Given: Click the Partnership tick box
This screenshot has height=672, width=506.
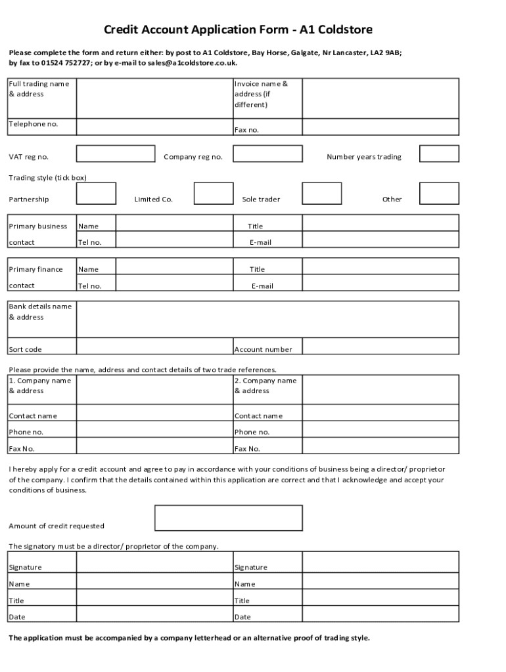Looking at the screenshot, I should (x=96, y=194).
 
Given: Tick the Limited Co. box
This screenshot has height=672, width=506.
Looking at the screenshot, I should (x=214, y=194).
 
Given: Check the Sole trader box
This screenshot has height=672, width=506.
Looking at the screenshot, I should (x=321, y=194).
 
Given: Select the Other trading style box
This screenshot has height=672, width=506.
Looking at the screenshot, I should (x=439, y=194).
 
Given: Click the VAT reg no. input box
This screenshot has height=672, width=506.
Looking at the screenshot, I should (x=116, y=154).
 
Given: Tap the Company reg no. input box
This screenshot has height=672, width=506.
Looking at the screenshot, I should (x=267, y=154).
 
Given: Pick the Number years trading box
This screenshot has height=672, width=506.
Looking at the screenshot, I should (x=439, y=154).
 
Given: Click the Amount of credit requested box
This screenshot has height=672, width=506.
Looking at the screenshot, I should (x=228, y=518).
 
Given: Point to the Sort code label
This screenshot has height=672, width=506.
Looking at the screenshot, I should (x=25, y=349).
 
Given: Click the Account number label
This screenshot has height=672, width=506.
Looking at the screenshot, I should (x=263, y=349).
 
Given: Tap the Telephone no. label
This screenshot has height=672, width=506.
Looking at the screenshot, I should (x=33, y=124).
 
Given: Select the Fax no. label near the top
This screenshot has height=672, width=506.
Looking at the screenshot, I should (x=246, y=130).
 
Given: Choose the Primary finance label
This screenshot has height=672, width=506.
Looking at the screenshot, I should (x=35, y=269).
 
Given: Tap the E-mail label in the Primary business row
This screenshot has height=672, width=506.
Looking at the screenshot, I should (x=260, y=242).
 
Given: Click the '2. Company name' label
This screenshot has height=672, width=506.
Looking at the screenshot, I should (x=265, y=381).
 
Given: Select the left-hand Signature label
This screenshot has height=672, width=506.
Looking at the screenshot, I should (x=25, y=567).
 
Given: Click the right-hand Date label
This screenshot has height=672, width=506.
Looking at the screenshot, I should (x=242, y=617).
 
